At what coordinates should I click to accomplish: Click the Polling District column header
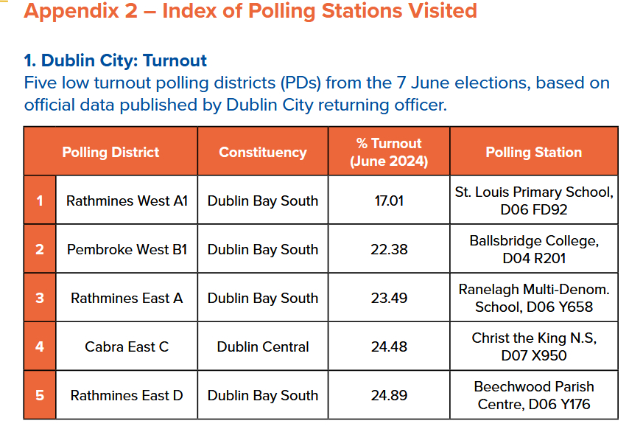coord(110,153)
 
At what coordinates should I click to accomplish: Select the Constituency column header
coord(263,153)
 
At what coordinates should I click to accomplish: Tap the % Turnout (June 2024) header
coord(389,153)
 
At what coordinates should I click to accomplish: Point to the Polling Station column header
coord(533,153)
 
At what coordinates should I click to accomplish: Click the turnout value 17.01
coord(389,201)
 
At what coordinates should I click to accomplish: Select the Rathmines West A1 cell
coord(127,201)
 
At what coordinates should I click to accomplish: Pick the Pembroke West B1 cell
coord(127,249)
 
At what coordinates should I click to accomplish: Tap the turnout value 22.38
coord(389,249)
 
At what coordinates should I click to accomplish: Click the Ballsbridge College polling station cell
coord(533,249)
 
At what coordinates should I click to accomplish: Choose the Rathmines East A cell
coord(127,298)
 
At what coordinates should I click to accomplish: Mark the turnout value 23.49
coord(389,298)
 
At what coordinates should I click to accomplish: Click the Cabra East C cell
coord(127,346)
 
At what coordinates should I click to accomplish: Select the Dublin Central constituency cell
coord(263,346)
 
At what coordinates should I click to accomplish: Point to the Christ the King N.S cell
coord(533,346)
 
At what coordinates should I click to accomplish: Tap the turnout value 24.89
coord(389,395)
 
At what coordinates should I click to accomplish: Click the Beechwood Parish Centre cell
coord(533,395)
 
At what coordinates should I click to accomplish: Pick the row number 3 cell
coord(40,298)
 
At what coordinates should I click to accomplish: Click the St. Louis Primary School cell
coord(533,201)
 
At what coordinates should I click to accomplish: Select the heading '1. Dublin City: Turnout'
coord(116,60)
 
